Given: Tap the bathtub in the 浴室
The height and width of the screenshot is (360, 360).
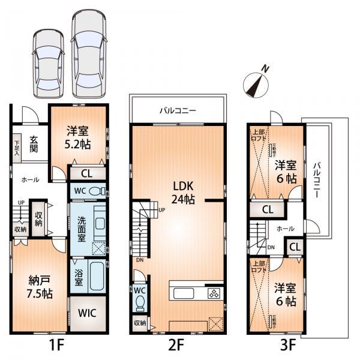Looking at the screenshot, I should pyautogui.click(x=95, y=276).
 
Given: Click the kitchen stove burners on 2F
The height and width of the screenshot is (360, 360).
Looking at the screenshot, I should pyautogui.click(x=215, y=293).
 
